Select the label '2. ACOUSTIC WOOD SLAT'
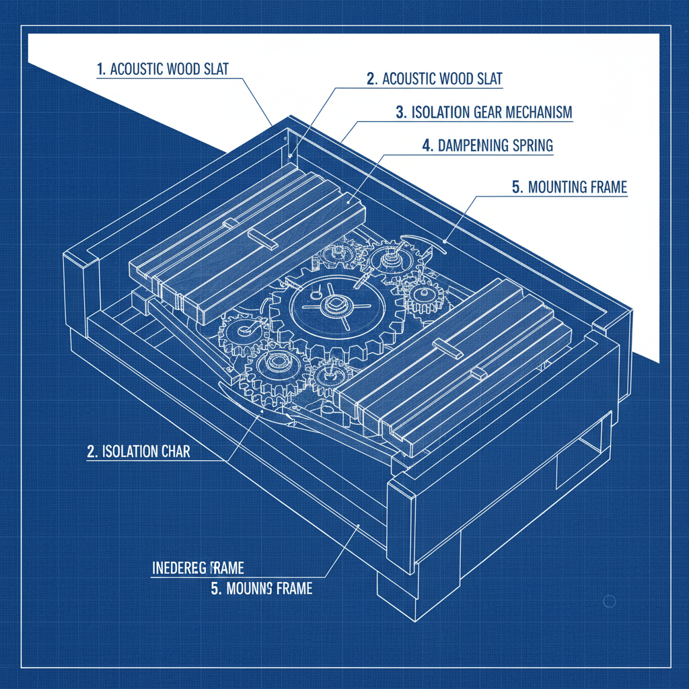(x=435, y=79)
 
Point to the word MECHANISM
(x=535, y=112)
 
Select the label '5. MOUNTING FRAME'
(x=569, y=187)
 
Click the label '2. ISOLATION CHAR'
(x=139, y=451)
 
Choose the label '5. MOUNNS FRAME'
(x=262, y=589)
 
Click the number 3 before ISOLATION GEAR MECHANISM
(x=400, y=112)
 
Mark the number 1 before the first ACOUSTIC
(x=100, y=69)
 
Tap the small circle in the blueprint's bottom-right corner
(x=610, y=602)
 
